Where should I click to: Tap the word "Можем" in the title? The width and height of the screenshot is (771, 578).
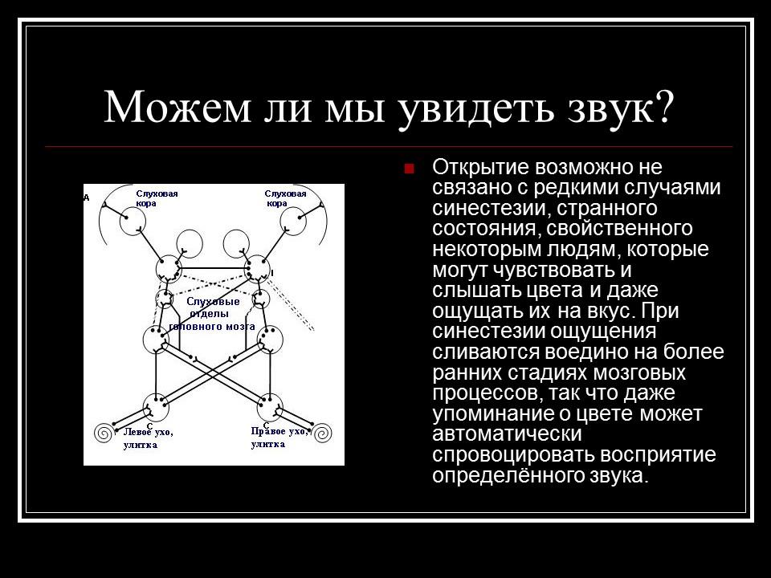tap(168, 107)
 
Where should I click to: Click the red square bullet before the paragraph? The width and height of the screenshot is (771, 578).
tap(409, 169)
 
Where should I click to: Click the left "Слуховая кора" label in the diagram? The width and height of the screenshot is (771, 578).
tap(156, 198)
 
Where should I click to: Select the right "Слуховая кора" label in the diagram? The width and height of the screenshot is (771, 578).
tap(286, 198)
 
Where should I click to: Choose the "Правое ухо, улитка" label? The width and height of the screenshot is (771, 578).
tap(279, 437)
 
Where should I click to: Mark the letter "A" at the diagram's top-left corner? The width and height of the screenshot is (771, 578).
tap(87, 196)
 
